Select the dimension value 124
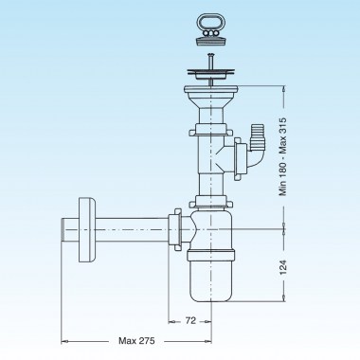283,267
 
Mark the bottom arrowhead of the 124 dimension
283,302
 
